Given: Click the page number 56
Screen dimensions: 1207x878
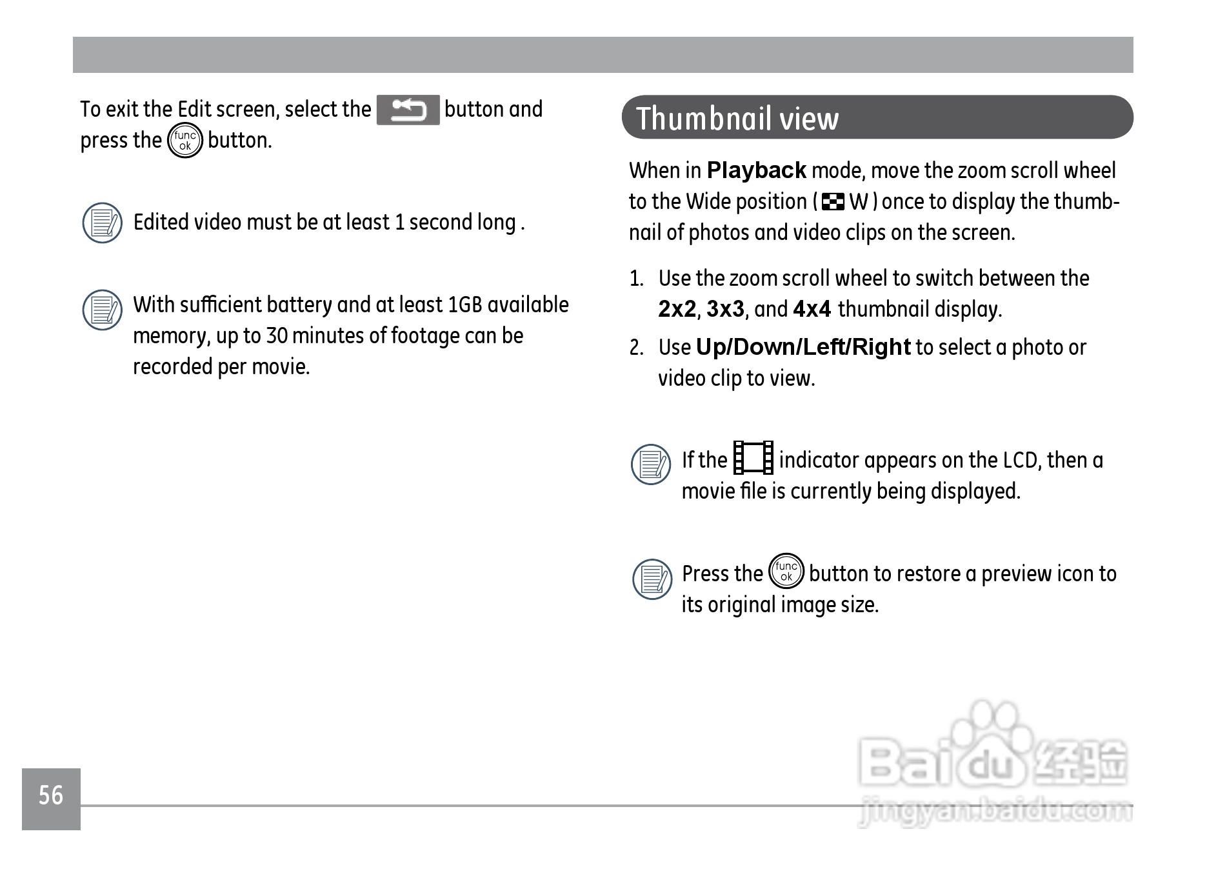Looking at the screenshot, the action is [51, 795].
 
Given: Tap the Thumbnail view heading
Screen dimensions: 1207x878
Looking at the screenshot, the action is [737, 119].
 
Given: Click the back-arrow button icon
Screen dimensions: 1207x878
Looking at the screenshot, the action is [408, 110].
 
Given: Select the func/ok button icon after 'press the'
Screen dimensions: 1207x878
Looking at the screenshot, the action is [185, 141].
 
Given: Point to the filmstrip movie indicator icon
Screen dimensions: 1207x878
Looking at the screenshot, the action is [753, 458].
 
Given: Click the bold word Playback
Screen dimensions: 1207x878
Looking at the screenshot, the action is [756, 171].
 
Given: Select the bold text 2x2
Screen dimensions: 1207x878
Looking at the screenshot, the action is [677, 310].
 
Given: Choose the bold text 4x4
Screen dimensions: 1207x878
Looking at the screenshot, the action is [812, 310].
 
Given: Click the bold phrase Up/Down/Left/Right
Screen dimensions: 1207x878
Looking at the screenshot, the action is [803, 348].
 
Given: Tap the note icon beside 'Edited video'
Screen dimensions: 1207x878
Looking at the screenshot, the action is [103, 223].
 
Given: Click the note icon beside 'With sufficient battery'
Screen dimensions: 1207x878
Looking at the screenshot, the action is [103, 309].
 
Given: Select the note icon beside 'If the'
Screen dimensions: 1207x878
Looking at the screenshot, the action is [651, 464].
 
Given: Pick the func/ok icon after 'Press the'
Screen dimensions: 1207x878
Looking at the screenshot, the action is [786, 572].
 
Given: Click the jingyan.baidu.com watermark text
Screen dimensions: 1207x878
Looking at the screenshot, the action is [995, 812].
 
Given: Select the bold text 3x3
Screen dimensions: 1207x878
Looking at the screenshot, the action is [725, 310].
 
